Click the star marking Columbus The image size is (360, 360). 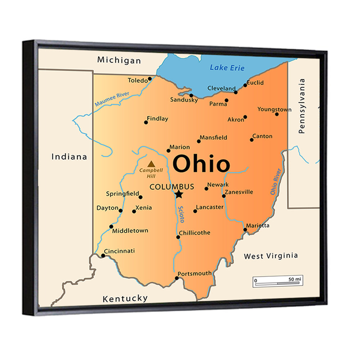click(179, 194)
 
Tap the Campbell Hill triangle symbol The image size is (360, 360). click(151, 164)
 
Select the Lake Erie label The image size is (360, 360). click(227, 67)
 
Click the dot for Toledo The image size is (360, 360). click(150, 78)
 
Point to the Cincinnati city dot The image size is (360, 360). click(103, 256)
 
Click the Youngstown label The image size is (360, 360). click(274, 109)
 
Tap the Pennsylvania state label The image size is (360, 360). click(302, 106)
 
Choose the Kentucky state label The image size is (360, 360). click(125, 298)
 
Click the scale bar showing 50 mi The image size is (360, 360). click(278, 281)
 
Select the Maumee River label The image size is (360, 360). click(112, 99)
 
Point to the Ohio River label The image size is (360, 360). click(276, 182)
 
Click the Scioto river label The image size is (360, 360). click(181, 214)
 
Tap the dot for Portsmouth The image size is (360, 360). click(177, 278)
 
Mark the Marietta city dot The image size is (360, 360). click(245, 229)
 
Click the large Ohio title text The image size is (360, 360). click(201, 164)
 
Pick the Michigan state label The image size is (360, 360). click(119, 60)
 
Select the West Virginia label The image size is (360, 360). click(271, 256)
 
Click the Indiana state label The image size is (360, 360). click(69, 157)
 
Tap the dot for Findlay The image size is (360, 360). click(146, 122)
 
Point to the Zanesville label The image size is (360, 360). click(239, 192)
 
